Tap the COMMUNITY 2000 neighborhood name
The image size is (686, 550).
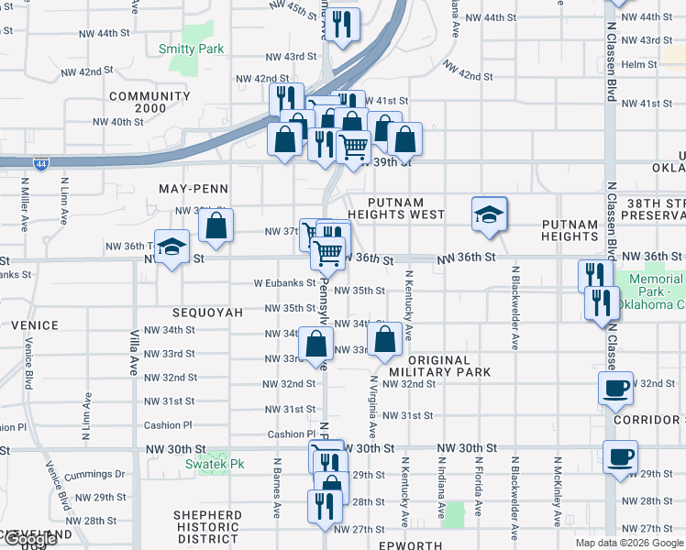[149, 102]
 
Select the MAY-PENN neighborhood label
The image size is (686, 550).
[193, 188]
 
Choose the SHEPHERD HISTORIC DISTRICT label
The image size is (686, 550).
[208, 526]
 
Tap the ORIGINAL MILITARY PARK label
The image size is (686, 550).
[441, 366]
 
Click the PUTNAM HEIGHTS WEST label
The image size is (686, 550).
[406, 208]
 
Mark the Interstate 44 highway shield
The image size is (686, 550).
[41, 163]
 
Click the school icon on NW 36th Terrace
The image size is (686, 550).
[171, 247]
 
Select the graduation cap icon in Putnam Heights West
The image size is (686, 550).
[489, 215]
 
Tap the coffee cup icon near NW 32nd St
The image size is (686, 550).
[614, 387]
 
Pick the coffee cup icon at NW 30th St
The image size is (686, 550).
[621, 456]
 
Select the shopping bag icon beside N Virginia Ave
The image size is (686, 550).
[385, 340]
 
